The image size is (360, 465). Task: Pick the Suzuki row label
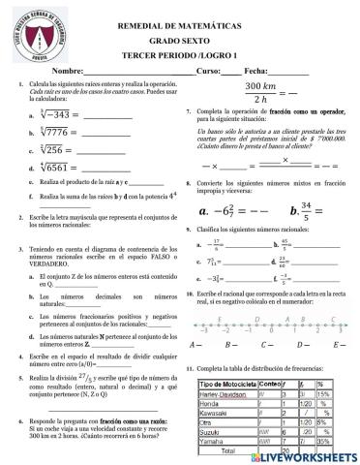pos(209,429)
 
